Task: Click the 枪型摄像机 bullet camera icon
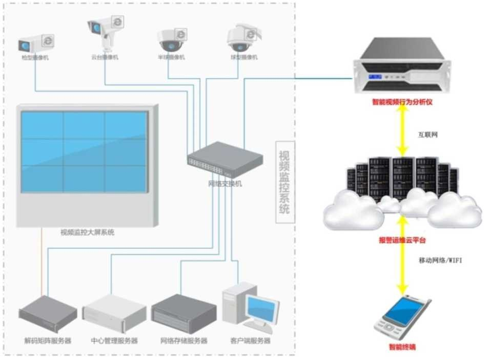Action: pyautogui.click(x=36, y=43)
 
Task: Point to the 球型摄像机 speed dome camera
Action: pyautogui.click(x=242, y=37)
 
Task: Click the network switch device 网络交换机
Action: pyautogui.click(x=225, y=161)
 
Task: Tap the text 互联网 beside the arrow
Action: pyautogui.click(x=428, y=135)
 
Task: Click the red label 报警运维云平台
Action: pyautogui.click(x=402, y=240)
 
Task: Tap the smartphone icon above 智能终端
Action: pyautogui.click(x=402, y=317)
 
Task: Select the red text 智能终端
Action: pyautogui.click(x=402, y=347)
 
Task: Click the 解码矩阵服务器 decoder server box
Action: pyautogui.click(x=48, y=313)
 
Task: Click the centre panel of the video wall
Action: pyautogui.click(x=85, y=152)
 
